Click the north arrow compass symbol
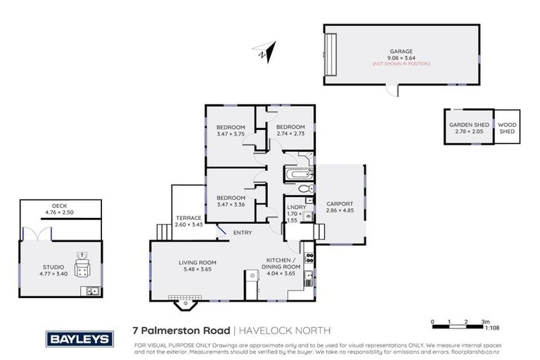(x=265, y=52)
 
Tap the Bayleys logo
(x=79, y=339)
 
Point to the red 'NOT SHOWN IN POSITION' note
(x=401, y=63)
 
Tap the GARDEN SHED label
(x=468, y=125)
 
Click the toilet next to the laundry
(x=303, y=189)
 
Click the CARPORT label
(x=340, y=203)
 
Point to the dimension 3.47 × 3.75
(x=230, y=134)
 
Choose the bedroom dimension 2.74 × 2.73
(x=289, y=134)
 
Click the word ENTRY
(x=242, y=232)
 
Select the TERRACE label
(x=188, y=217)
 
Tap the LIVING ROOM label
(x=196, y=262)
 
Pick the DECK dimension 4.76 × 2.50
(x=60, y=211)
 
